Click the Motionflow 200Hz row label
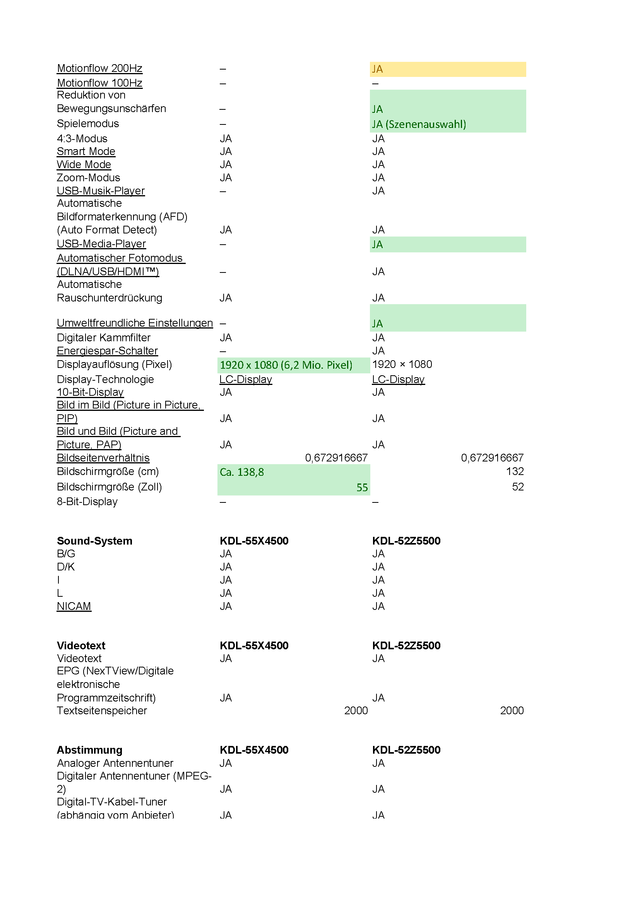tap(99, 68)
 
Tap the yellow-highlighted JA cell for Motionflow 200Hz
tap(447, 69)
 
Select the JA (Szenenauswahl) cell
tap(419, 124)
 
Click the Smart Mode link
tap(86, 152)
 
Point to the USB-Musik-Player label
tap(101, 191)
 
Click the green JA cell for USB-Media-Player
tap(447, 245)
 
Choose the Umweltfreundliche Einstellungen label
tap(134, 323)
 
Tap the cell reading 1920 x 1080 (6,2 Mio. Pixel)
tap(286, 365)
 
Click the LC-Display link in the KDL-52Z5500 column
tap(398, 380)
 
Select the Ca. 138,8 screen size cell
tap(241, 472)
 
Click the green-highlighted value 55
tap(362, 488)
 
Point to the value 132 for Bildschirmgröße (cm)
tap(514, 472)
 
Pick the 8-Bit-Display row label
tap(87, 502)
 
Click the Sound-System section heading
tap(94, 541)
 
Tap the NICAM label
tap(74, 606)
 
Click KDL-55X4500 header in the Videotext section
tap(254, 646)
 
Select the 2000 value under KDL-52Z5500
tap(512, 711)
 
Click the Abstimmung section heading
tap(89, 750)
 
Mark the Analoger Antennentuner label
tap(115, 763)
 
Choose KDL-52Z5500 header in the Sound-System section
tap(406, 541)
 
